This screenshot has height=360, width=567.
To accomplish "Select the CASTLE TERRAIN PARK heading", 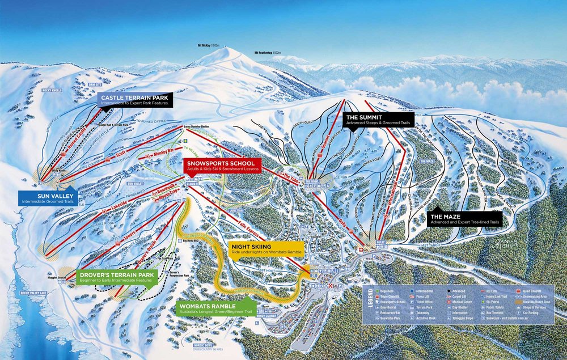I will pos(136,98).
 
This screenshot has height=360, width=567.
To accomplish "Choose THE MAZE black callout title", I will pos(444,217).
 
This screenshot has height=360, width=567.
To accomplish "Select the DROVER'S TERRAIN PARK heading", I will pos(115,273).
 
